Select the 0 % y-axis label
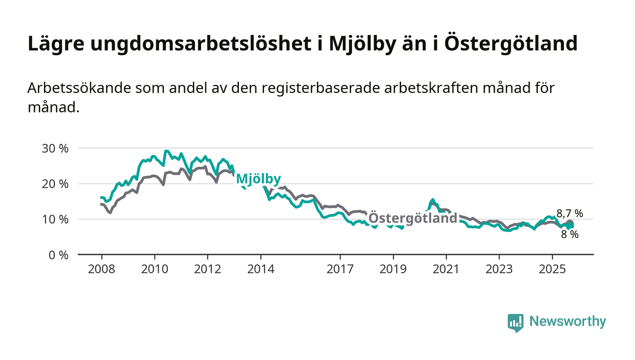point(59,255)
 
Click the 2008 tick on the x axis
point(102,269)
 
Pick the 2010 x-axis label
point(155,269)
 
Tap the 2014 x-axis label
point(260,269)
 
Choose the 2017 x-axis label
point(340,269)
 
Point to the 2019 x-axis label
point(393,269)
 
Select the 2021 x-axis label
point(446,269)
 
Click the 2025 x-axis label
point(552,269)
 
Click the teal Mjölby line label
point(258,179)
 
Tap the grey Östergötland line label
point(412,218)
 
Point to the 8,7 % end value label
point(570,213)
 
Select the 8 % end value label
point(570,234)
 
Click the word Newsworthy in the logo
point(567,321)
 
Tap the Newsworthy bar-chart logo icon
point(515,322)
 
